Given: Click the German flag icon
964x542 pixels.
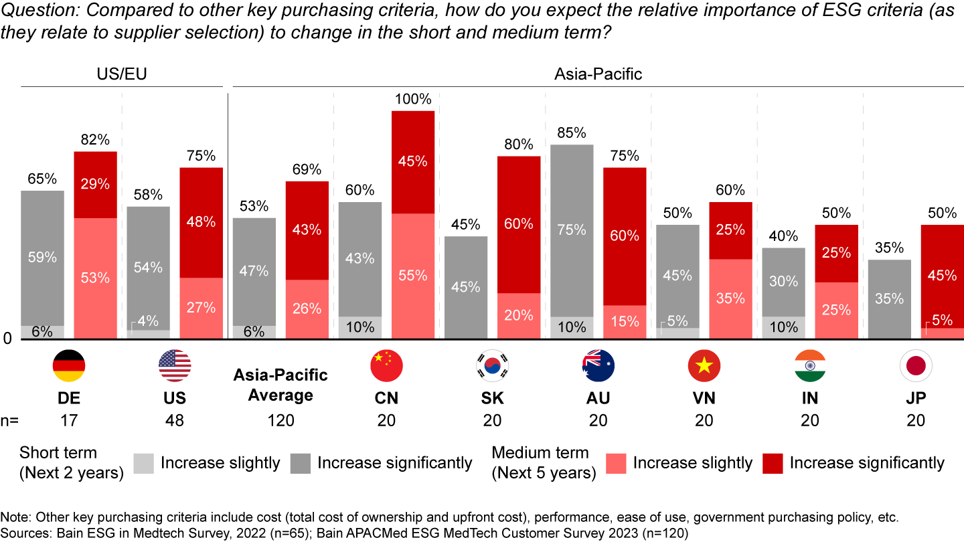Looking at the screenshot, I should pos(69,365).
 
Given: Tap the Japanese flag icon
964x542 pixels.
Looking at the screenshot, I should pos(916,365).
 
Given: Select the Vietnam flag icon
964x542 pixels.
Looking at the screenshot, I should pos(704,365).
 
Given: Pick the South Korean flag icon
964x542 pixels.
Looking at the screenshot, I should pos(492,365).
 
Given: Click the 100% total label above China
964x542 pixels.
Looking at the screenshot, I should pos(413,100).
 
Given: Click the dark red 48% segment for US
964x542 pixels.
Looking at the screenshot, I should pos(202,222).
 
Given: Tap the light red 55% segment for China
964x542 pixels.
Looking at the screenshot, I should pos(413,276).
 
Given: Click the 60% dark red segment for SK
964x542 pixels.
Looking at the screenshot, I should pos(519,224).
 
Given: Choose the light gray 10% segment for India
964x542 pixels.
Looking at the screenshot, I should pos(783,327).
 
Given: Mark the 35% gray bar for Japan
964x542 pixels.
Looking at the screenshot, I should pos(890,298).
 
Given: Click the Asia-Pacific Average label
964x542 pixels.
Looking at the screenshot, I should pos(280,385).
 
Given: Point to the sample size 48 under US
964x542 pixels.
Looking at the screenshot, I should pos(175,421).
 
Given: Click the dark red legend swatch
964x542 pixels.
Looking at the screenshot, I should pos(773,463).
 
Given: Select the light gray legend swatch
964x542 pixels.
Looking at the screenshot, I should pos(144,463).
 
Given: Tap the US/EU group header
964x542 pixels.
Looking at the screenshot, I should pos(122,74).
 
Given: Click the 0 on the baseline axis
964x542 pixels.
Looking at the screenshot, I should pos(8,339).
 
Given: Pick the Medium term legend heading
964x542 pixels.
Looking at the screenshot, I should pos(540,453).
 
